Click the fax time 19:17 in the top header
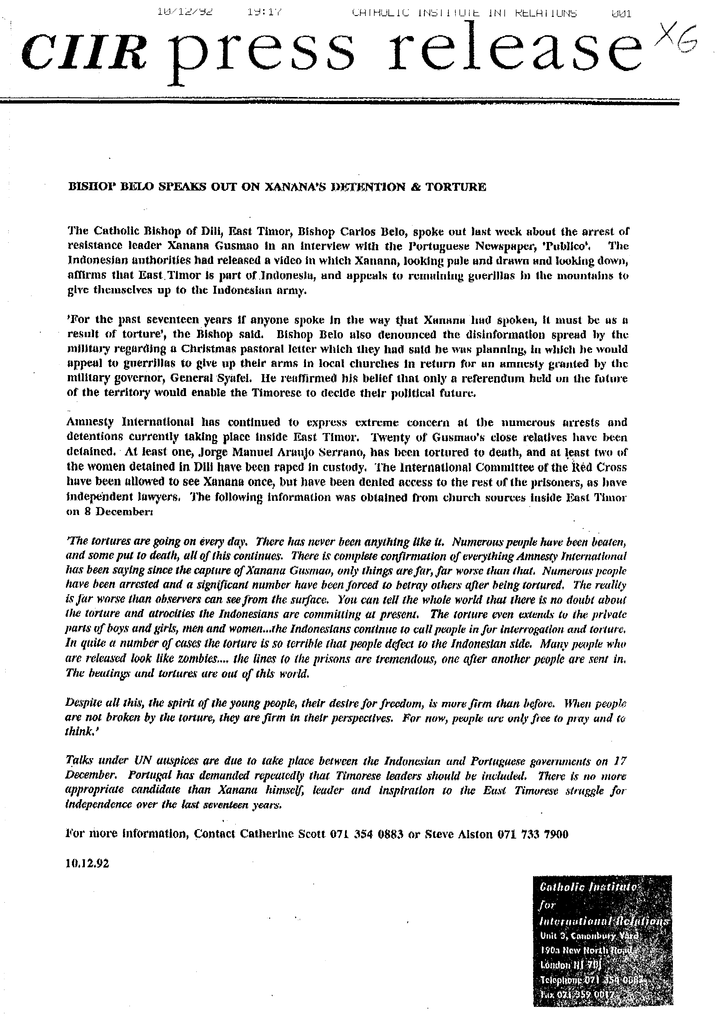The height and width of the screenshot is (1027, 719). (264, 12)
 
